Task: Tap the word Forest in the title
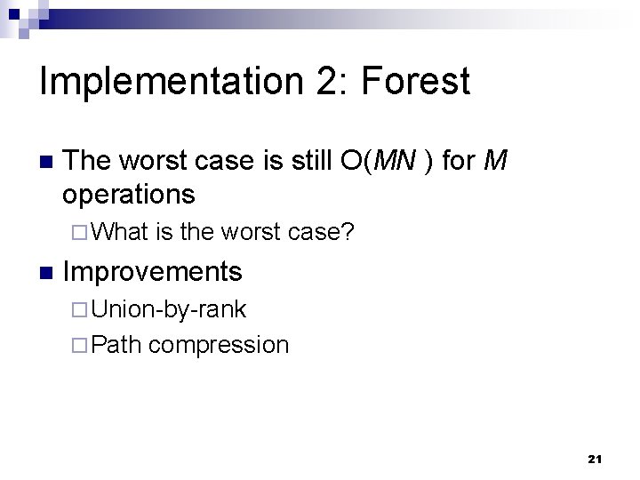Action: click(415, 82)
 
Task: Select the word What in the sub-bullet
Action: click(119, 233)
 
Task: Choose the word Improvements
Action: click(153, 270)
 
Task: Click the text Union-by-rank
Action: click(169, 309)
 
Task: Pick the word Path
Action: click(116, 344)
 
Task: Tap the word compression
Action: click(219, 345)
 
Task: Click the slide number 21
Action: click(595, 459)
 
